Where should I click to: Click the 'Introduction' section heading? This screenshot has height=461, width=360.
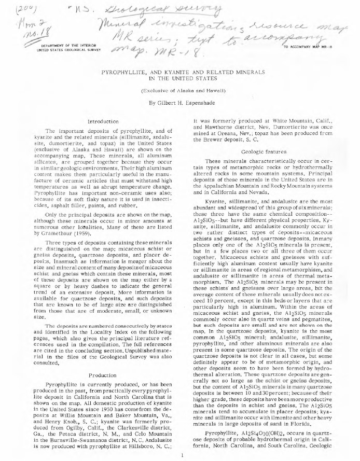[x=104, y=120]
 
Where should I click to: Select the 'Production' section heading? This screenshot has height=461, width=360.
[x=103, y=375]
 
